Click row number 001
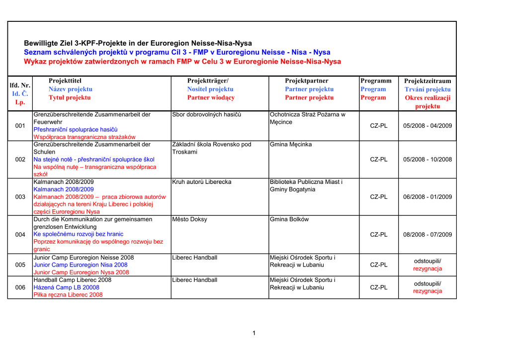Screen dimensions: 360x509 [20, 126]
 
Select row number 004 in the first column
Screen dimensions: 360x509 [20, 235]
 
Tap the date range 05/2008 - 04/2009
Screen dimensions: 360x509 [427, 126]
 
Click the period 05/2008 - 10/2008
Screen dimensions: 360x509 [427, 160]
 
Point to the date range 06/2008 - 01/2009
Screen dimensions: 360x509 [427, 197]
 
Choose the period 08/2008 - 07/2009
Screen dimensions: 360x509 [427, 235]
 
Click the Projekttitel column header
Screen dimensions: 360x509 [65, 81]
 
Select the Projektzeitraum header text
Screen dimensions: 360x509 [427, 81]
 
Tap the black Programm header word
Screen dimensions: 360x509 [376, 81]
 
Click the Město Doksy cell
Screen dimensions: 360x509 [189, 219]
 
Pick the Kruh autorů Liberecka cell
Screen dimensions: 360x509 [201, 182]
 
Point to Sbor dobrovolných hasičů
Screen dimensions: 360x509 [206, 115]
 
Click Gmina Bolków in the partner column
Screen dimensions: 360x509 [289, 219]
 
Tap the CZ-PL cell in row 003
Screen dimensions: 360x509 [379, 197]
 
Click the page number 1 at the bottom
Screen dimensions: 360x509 [254, 333]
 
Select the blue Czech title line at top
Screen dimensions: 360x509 [177, 52]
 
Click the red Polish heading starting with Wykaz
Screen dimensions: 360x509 [182, 62]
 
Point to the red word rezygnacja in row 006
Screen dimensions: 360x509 [427, 291]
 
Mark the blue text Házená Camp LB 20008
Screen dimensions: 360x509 [66, 287]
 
